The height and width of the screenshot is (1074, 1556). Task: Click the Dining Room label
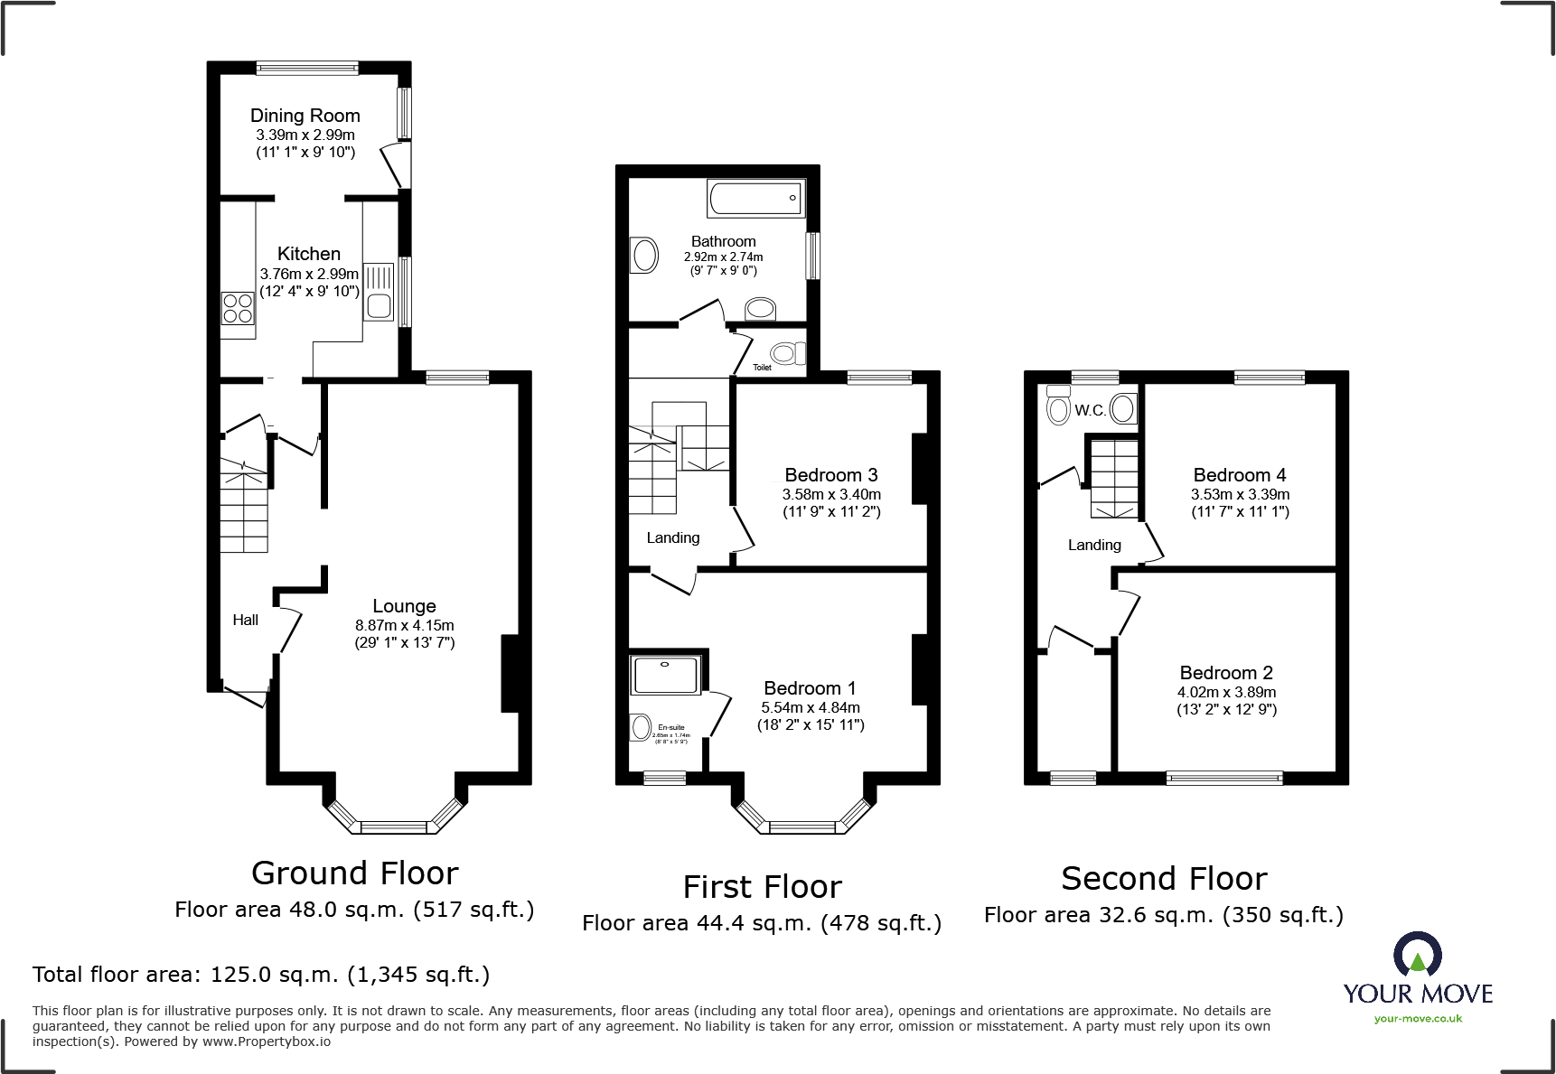pos(305,116)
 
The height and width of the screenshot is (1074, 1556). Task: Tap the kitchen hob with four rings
pos(238,308)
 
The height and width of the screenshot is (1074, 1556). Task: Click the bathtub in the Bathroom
pos(755,199)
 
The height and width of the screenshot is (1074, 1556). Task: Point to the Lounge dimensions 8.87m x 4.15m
pos(404,625)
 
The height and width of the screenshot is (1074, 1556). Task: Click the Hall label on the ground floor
pos(245,620)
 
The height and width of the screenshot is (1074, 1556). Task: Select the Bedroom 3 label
pos(830,475)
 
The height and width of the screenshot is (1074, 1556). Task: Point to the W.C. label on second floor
pos(1090,410)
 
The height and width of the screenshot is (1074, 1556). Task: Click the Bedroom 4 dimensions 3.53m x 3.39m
pos(1240,494)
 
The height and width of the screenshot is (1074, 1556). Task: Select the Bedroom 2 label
pos(1225,673)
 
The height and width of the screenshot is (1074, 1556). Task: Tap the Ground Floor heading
pos(354,873)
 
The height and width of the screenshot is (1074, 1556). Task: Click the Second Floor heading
pos(1164,879)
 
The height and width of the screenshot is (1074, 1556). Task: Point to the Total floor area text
pos(261,975)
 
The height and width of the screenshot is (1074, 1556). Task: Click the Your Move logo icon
pos(1417,956)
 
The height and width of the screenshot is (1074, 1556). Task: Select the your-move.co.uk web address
pos(1417,1019)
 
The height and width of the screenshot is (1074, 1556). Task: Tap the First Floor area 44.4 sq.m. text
pos(761,923)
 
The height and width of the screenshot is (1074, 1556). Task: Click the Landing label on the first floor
pos(672,537)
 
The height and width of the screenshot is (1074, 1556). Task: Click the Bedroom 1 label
pos(810,688)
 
